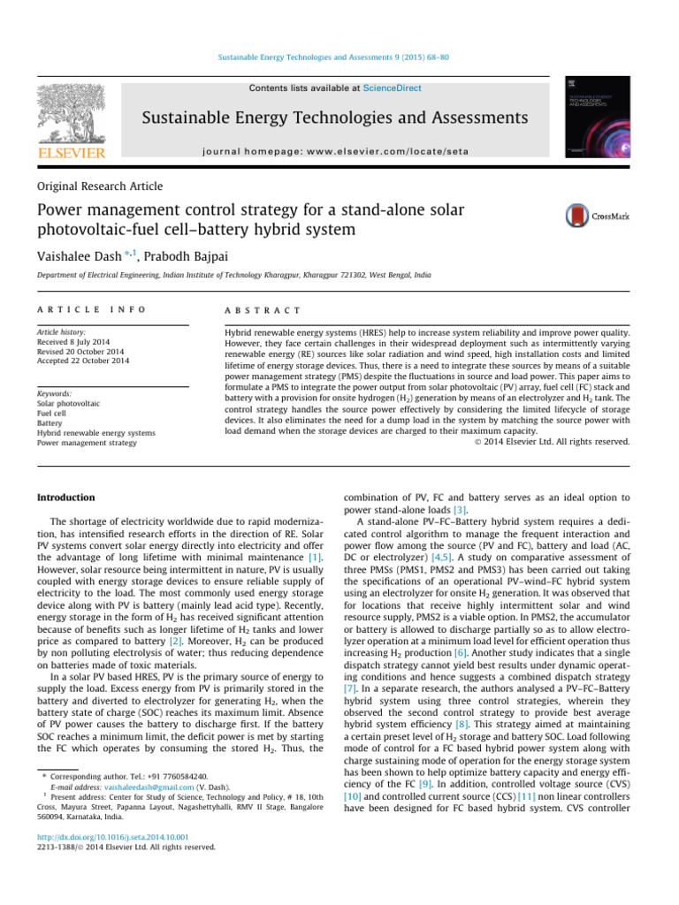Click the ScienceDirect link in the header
[x=396, y=88]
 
